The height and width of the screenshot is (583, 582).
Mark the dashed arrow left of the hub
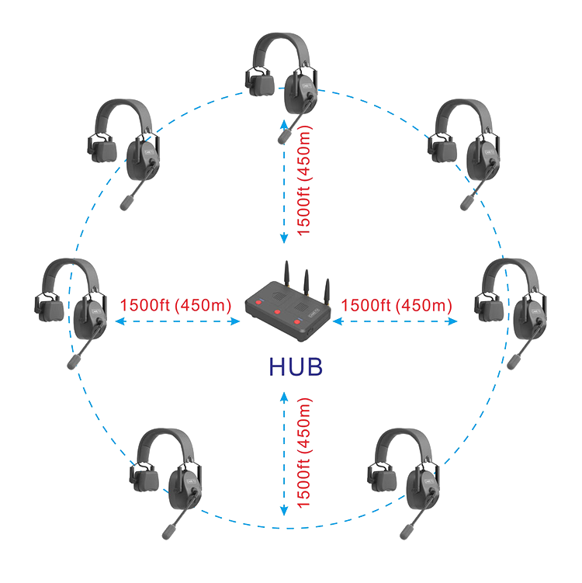(x=175, y=321)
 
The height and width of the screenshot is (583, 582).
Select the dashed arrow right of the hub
(x=396, y=321)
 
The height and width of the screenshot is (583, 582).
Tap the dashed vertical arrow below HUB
(x=284, y=454)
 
